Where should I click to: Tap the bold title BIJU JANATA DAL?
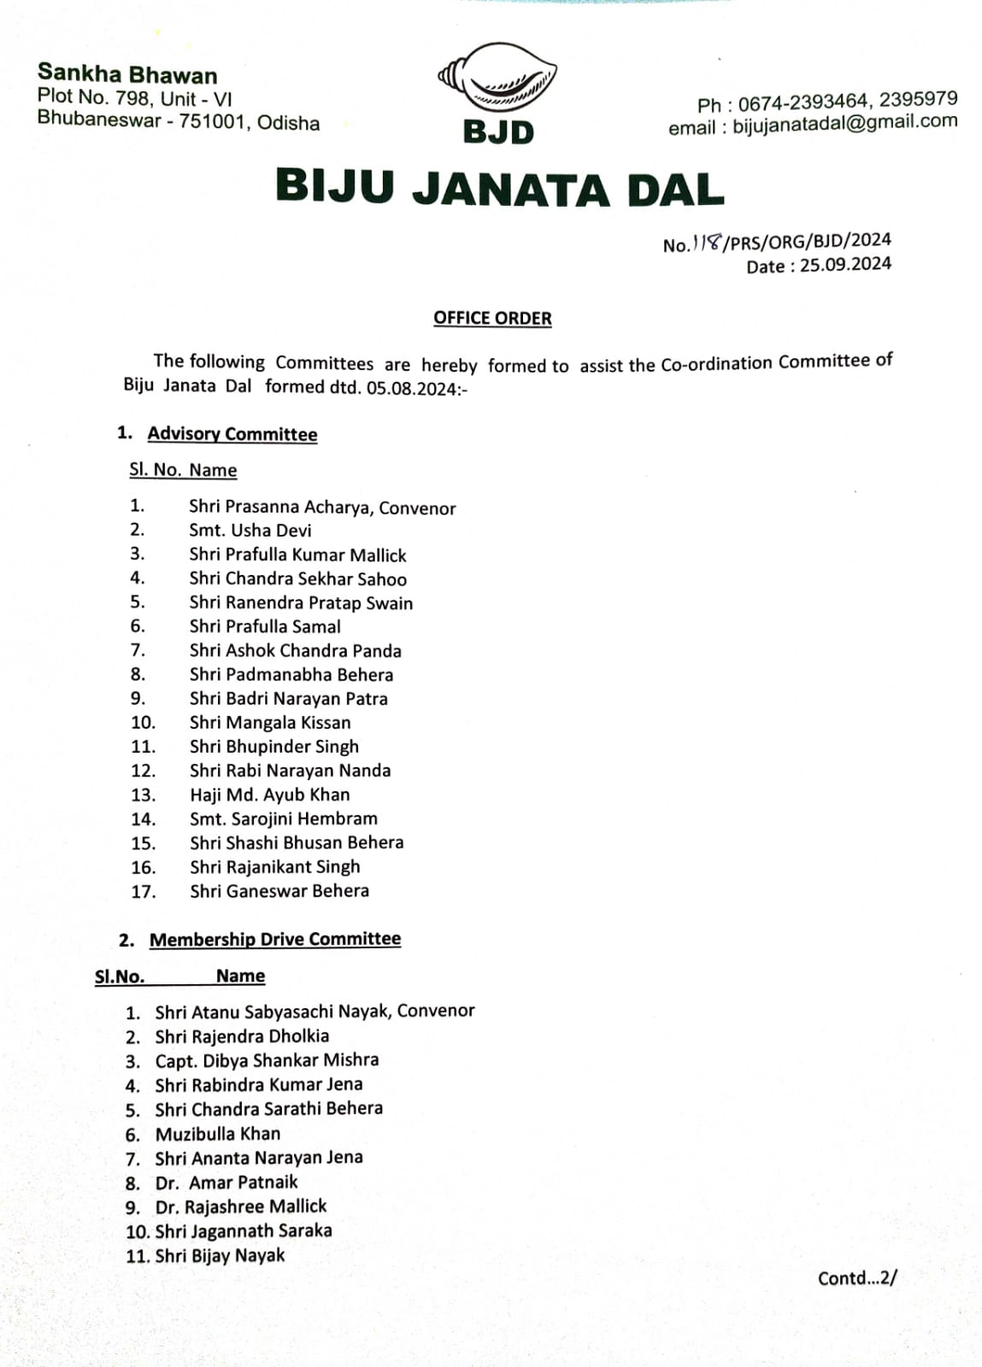click(500, 187)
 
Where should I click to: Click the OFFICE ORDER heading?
click(492, 318)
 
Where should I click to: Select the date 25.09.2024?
click(845, 264)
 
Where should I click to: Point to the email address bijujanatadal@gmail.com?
click(844, 122)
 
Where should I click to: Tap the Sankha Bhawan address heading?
click(127, 74)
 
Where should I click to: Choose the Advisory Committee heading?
click(232, 434)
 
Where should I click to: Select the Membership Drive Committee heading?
click(274, 939)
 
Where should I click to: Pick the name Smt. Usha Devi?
click(250, 531)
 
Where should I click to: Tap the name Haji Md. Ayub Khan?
click(269, 795)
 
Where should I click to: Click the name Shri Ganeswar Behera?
click(279, 890)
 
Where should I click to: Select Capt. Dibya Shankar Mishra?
click(267, 1060)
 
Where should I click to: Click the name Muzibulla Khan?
click(217, 1134)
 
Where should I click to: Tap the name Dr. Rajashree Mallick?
click(241, 1206)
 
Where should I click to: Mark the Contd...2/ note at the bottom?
click(856, 1278)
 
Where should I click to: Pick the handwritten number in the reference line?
click(707, 243)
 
